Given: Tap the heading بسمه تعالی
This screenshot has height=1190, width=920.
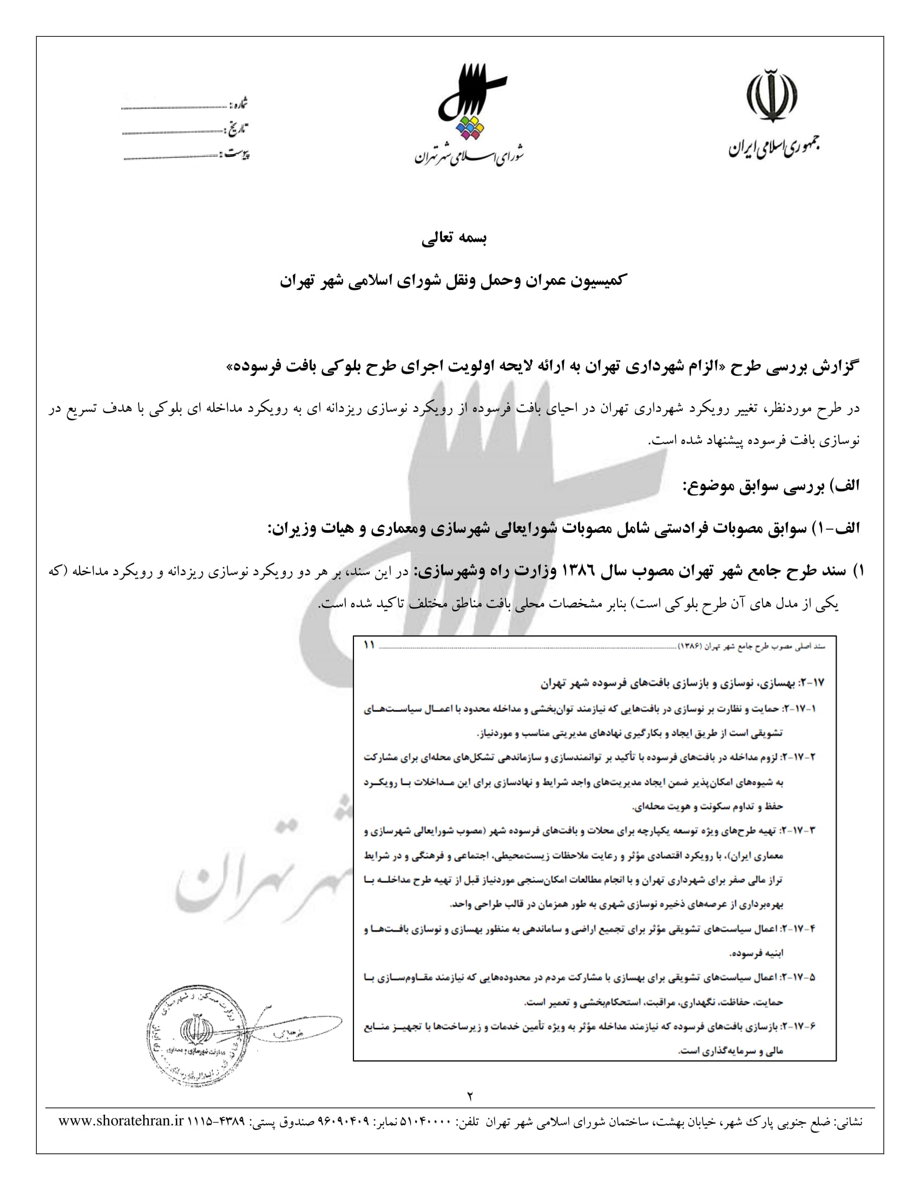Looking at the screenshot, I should pos(454,238).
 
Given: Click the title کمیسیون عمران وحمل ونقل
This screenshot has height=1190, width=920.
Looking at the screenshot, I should pos(454,281).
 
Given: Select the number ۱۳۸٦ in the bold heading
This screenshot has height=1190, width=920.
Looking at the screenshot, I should pos(584,571).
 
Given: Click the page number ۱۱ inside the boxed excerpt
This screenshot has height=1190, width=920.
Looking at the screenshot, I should pos(369,645).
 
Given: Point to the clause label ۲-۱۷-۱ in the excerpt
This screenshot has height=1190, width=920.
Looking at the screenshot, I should pos(799,709).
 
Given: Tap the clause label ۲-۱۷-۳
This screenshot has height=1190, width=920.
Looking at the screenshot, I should pos(799,831).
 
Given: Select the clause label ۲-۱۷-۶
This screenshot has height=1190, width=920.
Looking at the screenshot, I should pos(799,1027).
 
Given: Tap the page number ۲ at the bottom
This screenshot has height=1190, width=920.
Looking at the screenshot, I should pos(470,1096).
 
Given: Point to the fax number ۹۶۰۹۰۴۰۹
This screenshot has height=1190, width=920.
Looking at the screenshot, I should pos(343,1122).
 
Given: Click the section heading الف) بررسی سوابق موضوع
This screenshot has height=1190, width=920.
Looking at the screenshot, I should pos(771,486).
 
